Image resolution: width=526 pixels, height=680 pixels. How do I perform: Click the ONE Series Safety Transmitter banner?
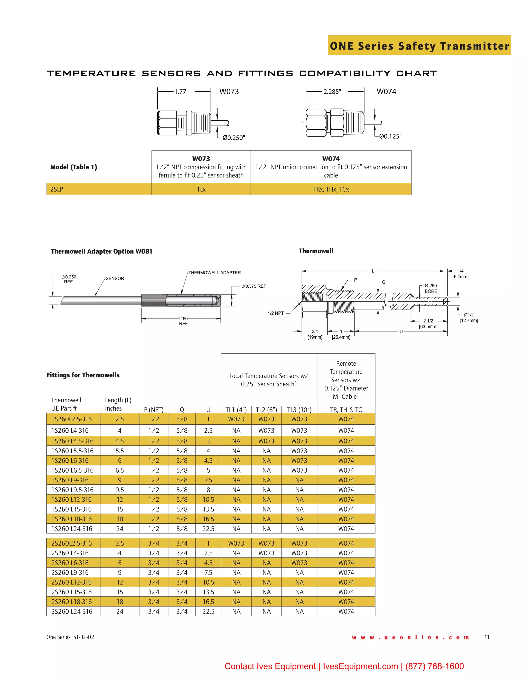point(419,46)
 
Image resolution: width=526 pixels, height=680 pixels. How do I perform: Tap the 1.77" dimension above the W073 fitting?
point(181,92)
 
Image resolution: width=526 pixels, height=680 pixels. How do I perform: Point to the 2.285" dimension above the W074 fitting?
point(332,92)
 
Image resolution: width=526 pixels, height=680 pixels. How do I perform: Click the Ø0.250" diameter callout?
point(234,138)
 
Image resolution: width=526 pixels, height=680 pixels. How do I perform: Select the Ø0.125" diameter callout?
point(390,136)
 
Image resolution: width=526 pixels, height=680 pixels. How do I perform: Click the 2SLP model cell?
point(99,189)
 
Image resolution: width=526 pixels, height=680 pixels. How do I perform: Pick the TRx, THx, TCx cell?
point(331,189)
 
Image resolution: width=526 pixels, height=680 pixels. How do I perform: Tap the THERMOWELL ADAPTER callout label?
point(214,273)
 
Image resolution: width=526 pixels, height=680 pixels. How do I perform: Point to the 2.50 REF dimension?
point(183,321)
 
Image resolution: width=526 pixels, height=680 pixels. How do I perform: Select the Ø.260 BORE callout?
point(431,288)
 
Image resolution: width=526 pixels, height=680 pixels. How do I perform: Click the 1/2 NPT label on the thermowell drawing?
point(276,313)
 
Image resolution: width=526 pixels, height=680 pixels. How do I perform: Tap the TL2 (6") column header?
point(266,410)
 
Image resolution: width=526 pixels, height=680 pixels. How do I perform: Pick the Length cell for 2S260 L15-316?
point(120,592)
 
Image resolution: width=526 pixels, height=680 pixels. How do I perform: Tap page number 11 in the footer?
point(487,637)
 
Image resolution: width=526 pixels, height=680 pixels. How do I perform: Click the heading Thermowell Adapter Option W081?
point(102,251)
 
